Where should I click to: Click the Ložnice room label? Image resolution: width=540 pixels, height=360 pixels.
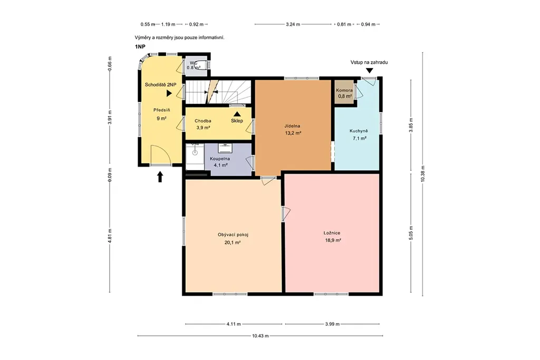tap(332, 233)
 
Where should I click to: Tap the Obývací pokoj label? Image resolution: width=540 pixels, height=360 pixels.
tap(233, 235)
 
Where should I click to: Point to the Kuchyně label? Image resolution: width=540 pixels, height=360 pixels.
tap(359, 131)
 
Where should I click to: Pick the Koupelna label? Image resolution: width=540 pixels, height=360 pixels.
tap(220, 159)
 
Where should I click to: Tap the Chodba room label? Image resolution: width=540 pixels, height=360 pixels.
tap(203, 121)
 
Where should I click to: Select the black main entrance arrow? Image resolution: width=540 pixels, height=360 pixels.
tap(160, 177)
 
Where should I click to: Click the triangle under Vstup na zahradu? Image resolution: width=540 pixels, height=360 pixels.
tap(369, 71)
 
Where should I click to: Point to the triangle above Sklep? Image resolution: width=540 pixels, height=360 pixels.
tap(237, 113)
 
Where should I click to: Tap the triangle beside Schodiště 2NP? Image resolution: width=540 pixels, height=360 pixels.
tap(169, 93)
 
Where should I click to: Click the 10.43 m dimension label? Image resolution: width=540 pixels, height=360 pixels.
tap(261, 336)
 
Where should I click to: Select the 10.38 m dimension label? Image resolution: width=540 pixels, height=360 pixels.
tap(422, 174)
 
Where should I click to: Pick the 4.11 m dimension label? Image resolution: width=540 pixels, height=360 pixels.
tap(234, 324)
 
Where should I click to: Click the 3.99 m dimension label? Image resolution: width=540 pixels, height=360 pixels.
tap(332, 324)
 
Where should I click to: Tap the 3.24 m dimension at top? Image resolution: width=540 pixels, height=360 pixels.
tap(293, 24)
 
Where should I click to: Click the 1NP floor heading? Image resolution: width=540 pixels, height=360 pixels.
tap(140, 46)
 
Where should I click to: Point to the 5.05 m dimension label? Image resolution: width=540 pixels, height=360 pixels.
tap(411, 233)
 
